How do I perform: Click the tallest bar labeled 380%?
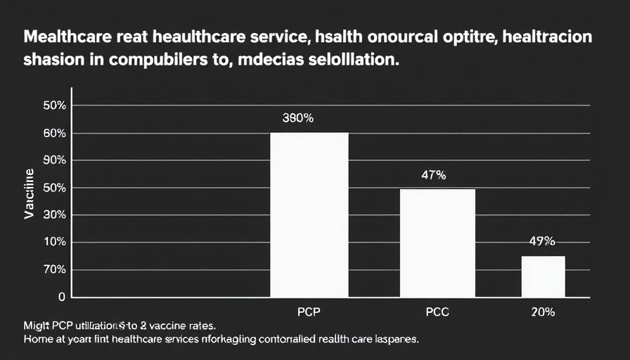(x=309, y=214)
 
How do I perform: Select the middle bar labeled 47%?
(x=437, y=243)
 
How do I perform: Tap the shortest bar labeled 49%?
(x=543, y=276)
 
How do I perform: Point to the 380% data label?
(x=297, y=118)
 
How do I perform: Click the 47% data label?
(x=433, y=176)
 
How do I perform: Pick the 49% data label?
(x=542, y=241)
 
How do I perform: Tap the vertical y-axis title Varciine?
(x=30, y=194)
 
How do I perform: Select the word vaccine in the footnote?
(x=167, y=326)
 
